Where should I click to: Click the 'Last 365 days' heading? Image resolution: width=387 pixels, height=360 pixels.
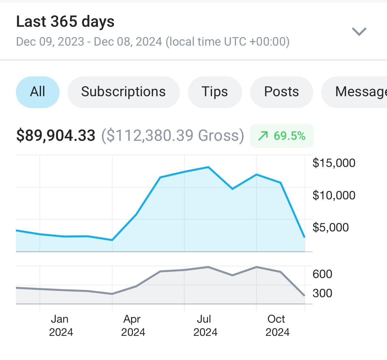point(65,22)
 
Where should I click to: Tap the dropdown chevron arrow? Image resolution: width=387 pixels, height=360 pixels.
point(359,32)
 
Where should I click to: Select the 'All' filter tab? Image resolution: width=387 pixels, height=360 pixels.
point(38,92)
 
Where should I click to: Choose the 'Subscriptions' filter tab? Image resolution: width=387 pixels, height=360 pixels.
point(123,92)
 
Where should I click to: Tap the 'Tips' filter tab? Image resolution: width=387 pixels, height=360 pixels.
point(215,92)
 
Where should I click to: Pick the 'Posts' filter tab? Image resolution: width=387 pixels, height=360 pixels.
point(281,92)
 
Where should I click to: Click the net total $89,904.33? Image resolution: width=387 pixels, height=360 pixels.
point(56,136)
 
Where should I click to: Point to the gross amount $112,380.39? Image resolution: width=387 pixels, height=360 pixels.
point(172,136)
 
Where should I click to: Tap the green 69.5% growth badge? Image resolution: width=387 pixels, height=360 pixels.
point(282,136)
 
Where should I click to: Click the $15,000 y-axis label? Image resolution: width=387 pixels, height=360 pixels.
point(334,163)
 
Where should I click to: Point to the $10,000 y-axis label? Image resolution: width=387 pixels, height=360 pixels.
point(334,195)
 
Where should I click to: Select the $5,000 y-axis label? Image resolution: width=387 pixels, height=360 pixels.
point(330,227)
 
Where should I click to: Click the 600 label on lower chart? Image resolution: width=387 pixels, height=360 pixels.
point(322,274)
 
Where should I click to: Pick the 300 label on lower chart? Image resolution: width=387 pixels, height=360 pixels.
point(322,293)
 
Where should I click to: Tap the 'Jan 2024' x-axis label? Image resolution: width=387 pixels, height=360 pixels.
point(61,325)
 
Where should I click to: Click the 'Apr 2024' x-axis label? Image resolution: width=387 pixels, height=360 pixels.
point(133,325)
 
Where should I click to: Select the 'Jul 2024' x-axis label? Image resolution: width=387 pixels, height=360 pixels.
point(205,325)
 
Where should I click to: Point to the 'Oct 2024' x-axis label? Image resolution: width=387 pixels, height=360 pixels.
point(277,325)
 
